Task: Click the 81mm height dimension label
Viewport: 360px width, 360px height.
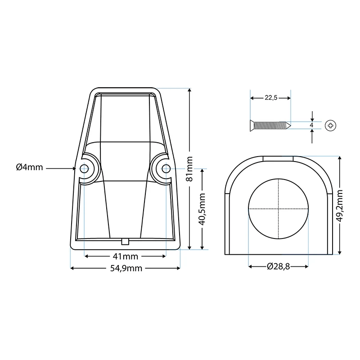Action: click(189, 169)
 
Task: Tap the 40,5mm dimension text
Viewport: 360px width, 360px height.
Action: click(202, 209)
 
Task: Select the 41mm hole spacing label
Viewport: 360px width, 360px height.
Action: click(126, 256)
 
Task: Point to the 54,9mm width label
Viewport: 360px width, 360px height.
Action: click(126, 268)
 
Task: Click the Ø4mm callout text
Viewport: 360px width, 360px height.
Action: click(29, 167)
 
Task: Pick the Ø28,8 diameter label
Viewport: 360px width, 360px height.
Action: click(278, 266)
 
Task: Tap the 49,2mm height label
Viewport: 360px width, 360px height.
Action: click(340, 206)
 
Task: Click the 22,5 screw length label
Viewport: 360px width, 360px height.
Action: click(271, 98)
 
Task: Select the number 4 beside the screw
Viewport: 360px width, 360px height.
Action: click(311, 125)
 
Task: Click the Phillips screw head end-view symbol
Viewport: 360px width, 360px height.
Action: click(331, 126)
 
